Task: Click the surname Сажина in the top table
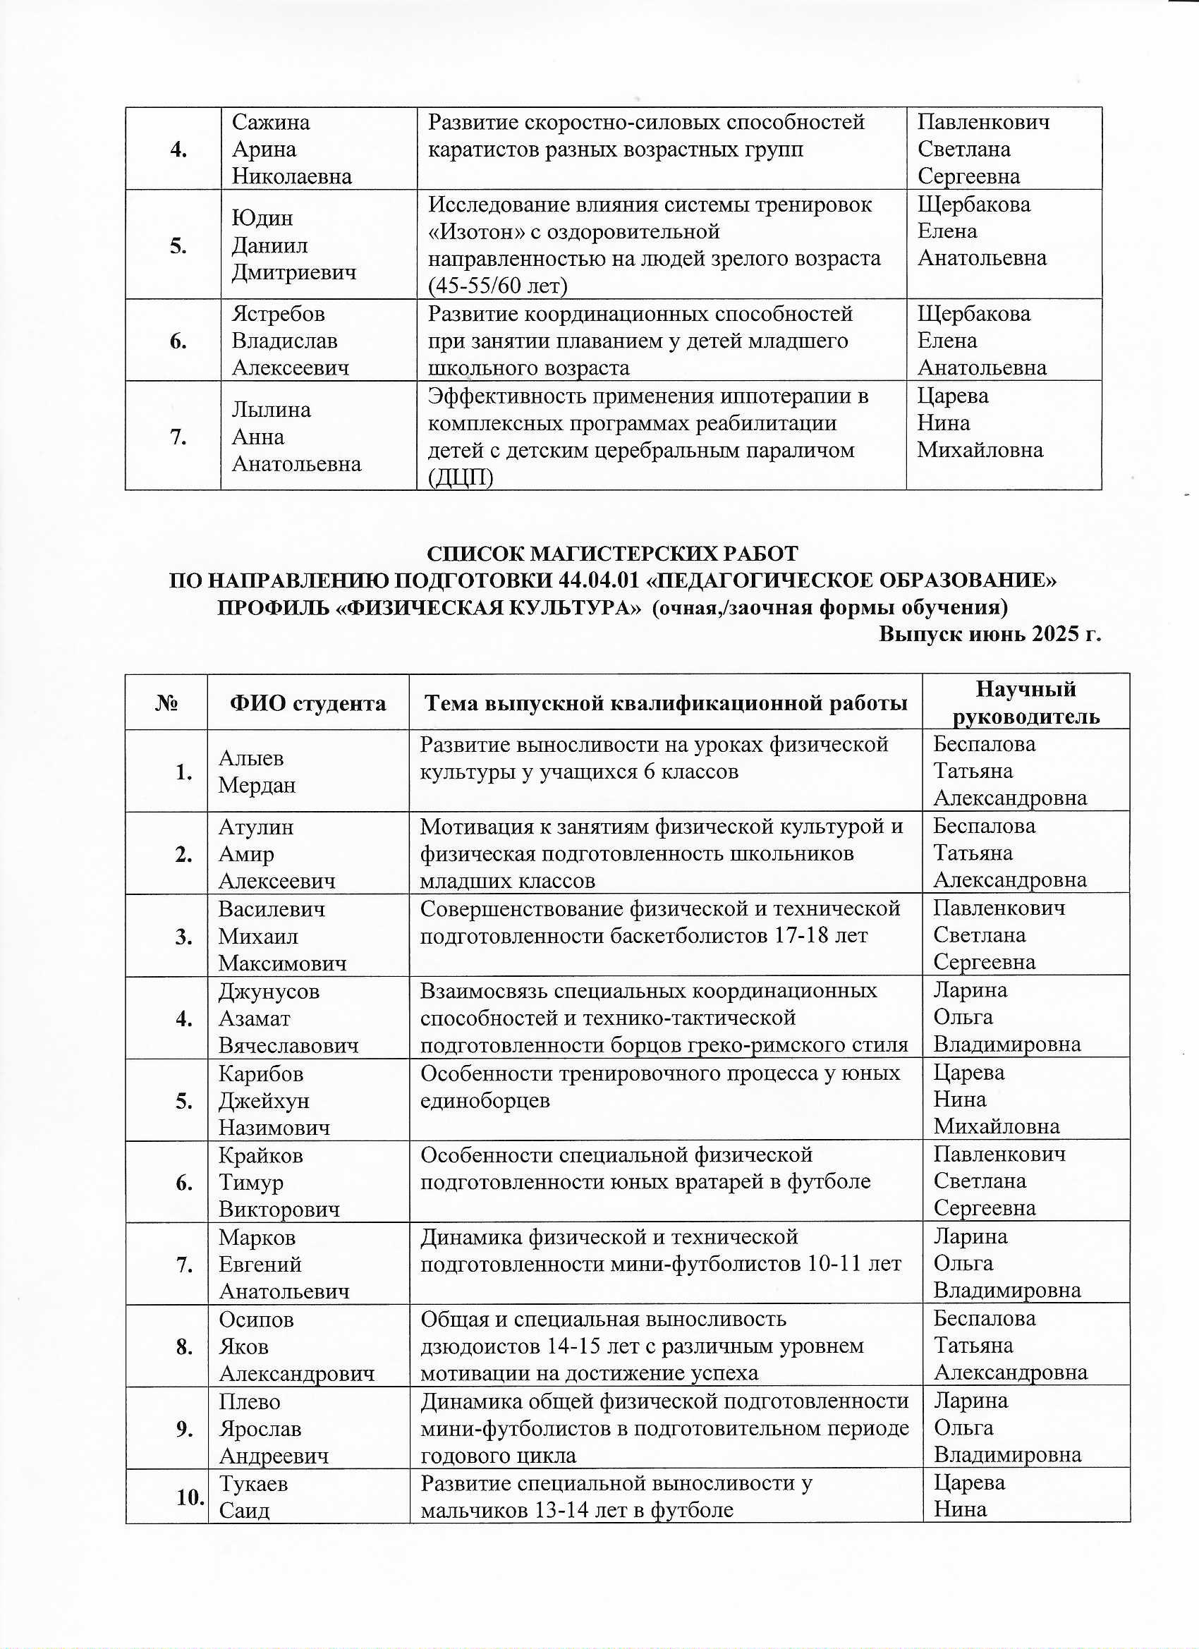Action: click(271, 122)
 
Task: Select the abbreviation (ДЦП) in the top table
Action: click(461, 477)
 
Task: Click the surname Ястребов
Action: click(278, 314)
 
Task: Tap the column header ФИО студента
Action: click(308, 703)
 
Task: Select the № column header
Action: click(166, 703)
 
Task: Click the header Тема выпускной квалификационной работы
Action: click(665, 703)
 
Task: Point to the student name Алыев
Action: click(251, 758)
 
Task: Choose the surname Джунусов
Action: click(269, 992)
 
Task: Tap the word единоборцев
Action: click(485, 1101)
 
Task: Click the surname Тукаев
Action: click(253, 1484)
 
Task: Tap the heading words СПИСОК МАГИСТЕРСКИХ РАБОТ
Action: click(611, 554)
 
